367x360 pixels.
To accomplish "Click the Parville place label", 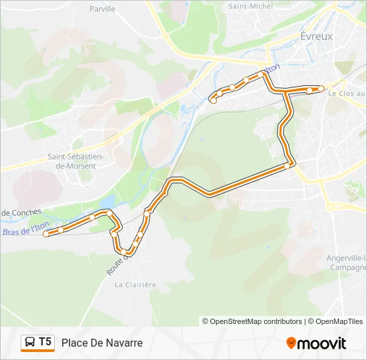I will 102,9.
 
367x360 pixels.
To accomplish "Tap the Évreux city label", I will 316,36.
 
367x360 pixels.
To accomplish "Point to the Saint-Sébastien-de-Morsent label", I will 75,161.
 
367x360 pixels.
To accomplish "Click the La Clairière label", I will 135,285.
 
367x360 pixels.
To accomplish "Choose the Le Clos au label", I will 346,94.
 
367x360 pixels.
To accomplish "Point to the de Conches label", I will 21,213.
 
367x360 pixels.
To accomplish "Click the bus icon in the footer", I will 30,343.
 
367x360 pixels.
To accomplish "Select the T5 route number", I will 45,342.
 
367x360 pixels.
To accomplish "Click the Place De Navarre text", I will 102,343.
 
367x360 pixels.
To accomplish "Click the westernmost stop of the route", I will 46,234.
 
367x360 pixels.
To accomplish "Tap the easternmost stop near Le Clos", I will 321,89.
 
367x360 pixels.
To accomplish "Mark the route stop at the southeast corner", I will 288,165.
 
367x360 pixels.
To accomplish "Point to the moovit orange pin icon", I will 291,343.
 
